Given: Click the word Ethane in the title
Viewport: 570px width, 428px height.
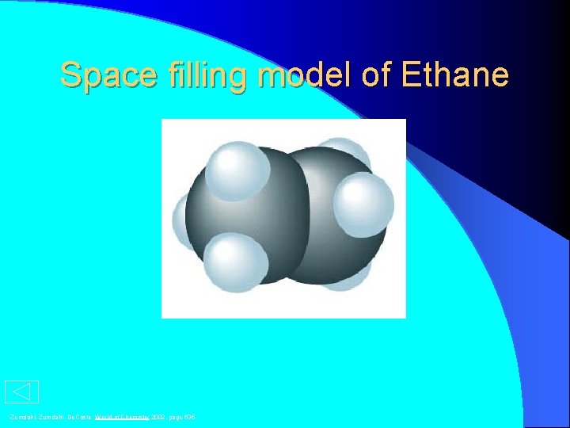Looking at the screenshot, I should [455, 76].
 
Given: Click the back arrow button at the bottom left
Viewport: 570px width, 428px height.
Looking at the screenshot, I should [21, 392].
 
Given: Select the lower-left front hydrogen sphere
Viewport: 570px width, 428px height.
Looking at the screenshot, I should [235, 262].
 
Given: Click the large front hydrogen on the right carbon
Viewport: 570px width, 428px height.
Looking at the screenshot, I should [363, 204].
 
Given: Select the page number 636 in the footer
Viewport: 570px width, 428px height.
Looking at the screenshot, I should [189, 417].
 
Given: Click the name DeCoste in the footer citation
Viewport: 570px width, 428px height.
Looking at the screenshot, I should [78, 417].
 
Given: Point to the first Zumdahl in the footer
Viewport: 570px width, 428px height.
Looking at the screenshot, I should [21, 417].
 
